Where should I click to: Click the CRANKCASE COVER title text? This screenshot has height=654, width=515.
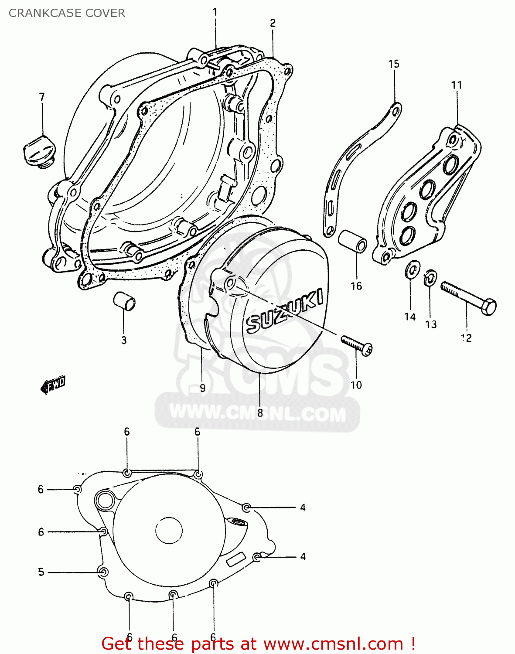pyautogui.click(x=67, y=13)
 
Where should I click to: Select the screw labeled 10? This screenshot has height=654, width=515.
pyautogui.click(x=356, y=345)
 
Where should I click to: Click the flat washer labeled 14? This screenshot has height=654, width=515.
pyautogui.click(x=412, y=270)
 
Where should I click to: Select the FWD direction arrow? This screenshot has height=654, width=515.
pyautogui.click(x=53, y=385)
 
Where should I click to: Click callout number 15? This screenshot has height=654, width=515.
pyautogui.click(x=393, y=64)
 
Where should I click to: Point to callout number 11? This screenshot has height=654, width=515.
pyautogui.click(x=456, y=85)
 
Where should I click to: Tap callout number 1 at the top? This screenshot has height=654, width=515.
pyautogui.click(x=215, y=12)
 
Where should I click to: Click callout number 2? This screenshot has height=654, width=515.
pyautogui.click(x=273, y=23)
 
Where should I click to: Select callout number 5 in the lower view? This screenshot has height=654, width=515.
pyautogui.click(x=41, y=572)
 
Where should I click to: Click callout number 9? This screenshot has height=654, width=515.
pyautogui.click(x=202, y=388)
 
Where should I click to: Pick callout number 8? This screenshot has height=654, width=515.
pyautogui.click(x=260, y=412)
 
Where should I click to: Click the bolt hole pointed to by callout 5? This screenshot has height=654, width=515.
pyautogui.click(x=103, y=572)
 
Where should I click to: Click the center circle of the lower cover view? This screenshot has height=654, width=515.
pyautogui.click(x=169, y=530)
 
